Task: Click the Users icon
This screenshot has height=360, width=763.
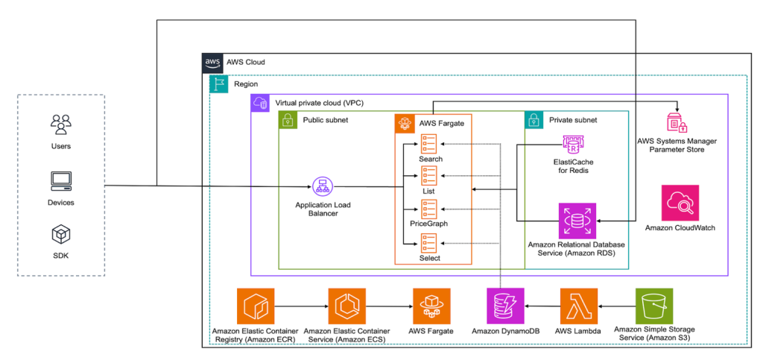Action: pyautogui.click(x=60, y=121)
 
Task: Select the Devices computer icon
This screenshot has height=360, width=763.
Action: pyautogui.click(x=60, y=180)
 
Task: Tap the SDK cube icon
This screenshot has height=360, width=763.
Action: pyautogui.click(x=60, y=236)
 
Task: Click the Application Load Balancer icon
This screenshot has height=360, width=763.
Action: pyautogui.click(x=323, y=186)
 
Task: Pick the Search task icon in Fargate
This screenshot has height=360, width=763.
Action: pyautogui.click(x=430, y=142)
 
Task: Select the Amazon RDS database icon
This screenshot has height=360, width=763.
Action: pyautogui.click(x=577, y=221)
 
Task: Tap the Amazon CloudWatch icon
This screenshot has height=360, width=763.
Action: pyautogui.click(x=680, y=203)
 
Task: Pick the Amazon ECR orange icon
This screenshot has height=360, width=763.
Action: pyautogui.click(x=254, y=306)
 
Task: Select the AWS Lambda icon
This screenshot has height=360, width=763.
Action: pyautogui.click(x=578, y=306)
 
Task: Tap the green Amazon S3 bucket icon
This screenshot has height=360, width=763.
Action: pyautogui.click(x=653, y=306)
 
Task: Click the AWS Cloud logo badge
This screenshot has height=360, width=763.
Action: pyautogui.click(x=212, y=63)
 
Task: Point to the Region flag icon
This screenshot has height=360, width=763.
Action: pyautogui.click(x=219, y=84)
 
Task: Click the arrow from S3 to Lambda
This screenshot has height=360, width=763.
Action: pyautogui.click(x=616, y=306)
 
